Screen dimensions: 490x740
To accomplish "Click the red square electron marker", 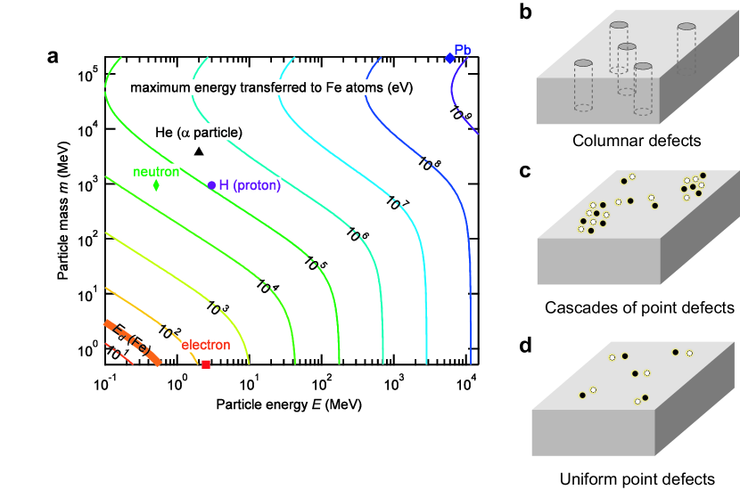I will [x=206, y=364].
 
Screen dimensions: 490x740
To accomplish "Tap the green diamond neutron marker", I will [x=156, y=185].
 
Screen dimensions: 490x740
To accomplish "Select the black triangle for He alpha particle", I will [x=200, y=151].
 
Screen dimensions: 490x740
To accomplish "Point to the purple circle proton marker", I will [x=211, y=185].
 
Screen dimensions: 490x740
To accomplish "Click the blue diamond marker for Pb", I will [x=450, y=58].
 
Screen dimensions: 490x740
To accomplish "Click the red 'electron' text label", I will [x=206, y=345].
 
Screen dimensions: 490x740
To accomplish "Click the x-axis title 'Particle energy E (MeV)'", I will [x=283, y=404].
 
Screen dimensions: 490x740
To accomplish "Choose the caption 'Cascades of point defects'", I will [x=638, y=308].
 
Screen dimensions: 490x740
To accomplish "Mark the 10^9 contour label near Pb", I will [x=461, y=115].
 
